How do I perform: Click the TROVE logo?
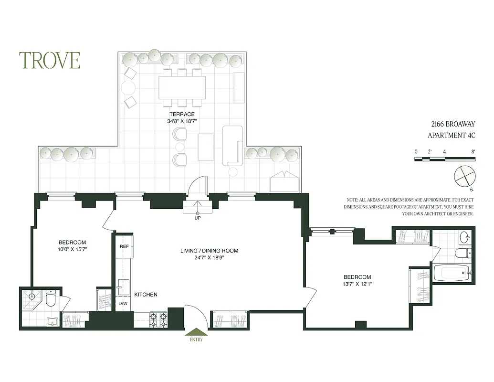pyautogui.click(x=50, y=60)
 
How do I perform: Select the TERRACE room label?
pyautogui.click(x=182, y=114)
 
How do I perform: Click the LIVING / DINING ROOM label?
pyautogui.click(x=209, y=251)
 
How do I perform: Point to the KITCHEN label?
pyautogui.click(x=146, y=295)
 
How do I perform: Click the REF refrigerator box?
pyautogui.click(x=125, y=247)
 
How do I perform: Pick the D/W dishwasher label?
pyautogui.click(x=123, y=304)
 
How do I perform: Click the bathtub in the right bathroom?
pyautogui.click(x=451, y=273)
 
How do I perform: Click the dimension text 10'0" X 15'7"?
pyautogui.click(x=72, y=249)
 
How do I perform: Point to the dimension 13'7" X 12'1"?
pyautogui.click(x=357, y=284)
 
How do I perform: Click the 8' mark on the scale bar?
pyautogui.click(x=473, y=151)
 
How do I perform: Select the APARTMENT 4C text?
pyautogui.click(x=451, y=135)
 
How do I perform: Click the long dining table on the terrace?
pyautogui.click(x=182, y=87)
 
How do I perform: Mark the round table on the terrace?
pyautogui.click(x=128, y=88)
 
